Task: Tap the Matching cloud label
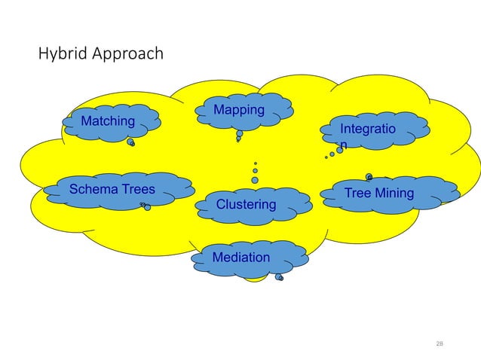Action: [x=108, y=121]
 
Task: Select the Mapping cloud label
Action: [x=239, y=111]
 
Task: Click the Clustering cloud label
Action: [x=246, y=205]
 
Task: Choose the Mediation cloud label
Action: [x=240, y=258]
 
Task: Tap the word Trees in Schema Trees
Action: [x=137, y=189]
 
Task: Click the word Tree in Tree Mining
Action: [x=357, y=194]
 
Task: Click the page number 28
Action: [x=440, y=343]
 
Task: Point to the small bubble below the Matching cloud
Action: [x=131, y=142]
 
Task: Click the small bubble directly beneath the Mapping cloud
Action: [x=239, y=134]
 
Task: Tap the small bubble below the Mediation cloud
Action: [x=280, y=277]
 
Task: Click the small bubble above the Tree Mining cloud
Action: [x=369, y=177]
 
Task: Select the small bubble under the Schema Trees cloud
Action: [x=146, y=207]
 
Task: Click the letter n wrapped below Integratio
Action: [x=344, y=144]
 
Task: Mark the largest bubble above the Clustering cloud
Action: [x=255, y=180]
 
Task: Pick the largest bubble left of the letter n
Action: [x=339, y=150]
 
